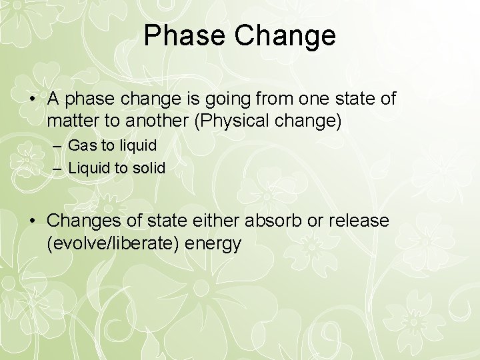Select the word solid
[148, 168]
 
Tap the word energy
[213, 243]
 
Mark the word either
[213, 220]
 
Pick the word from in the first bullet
[282, 99]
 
